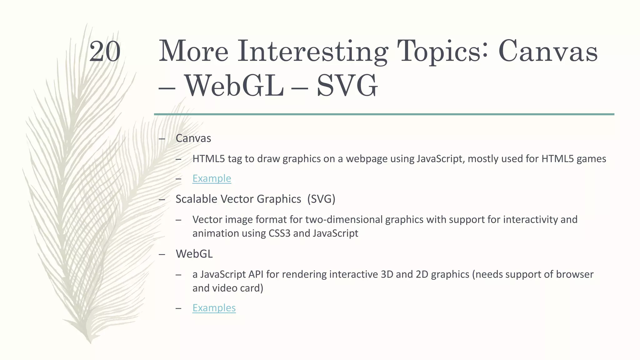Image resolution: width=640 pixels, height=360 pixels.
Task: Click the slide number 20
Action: pyautogui.click(x=105, y=52)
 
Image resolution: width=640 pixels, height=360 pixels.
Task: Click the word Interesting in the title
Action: pyautogui.click(x=313, y=52)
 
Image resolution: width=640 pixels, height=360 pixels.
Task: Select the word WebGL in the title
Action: pyautogui.click(x=234, y=86)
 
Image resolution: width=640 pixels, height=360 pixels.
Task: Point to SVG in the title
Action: pyautogui.click(x=347, y=86)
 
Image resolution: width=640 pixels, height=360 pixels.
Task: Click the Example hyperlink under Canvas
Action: pyautogui.click(x=212, y=178)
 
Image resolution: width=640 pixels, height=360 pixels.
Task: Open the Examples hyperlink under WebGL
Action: pyautogui.click(x=214, y=308)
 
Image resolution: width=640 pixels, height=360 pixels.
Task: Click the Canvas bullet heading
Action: pyautogui.click(x=193, y=138)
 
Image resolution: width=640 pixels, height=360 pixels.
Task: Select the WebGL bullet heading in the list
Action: pyautogui.click(x=194, y=254)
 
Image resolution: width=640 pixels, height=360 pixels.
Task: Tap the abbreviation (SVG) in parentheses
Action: pyautogui.click(x=321, y=199)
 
